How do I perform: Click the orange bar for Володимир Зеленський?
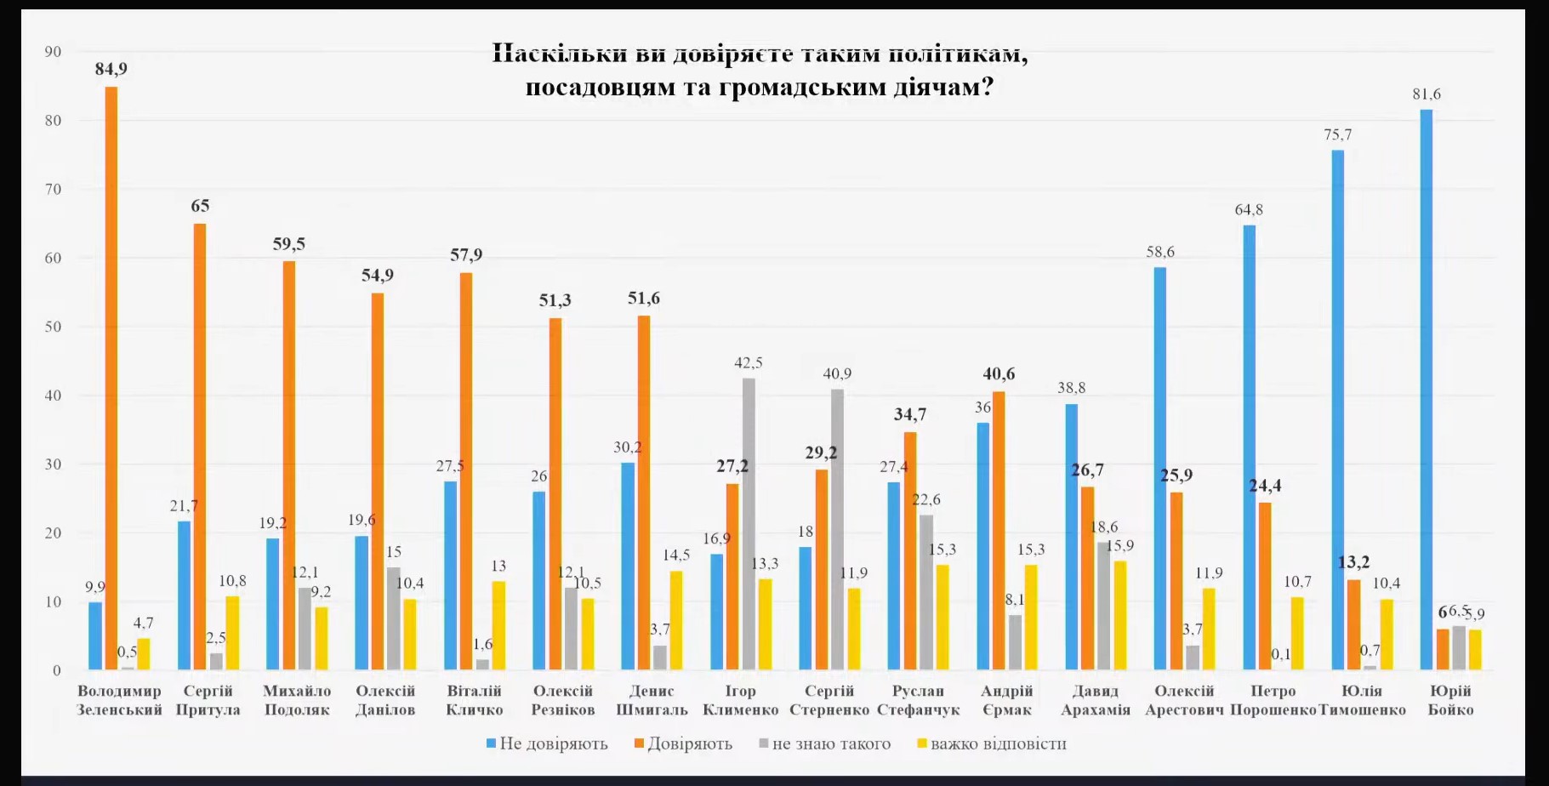pos(111,379)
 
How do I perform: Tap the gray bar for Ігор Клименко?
pos(749,524)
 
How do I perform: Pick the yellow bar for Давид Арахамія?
pos(1120,615)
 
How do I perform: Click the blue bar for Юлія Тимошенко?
pos(1338,410)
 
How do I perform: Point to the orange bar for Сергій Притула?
pos(200,447)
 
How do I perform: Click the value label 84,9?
pos(111,69)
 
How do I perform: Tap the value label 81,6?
pos(1427,94)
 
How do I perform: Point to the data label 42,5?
pos(749,363)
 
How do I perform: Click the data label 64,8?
pos(1249,210)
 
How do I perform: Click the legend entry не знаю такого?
pos(825,743)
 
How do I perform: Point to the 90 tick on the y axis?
pos(53,52)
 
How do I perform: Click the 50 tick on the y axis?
pos(53,327)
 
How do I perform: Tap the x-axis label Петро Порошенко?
pos(1273,700)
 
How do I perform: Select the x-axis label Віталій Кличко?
pos(475,700)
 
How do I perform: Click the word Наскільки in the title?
pos(559,54)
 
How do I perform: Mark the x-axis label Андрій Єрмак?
pos(1007,700)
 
